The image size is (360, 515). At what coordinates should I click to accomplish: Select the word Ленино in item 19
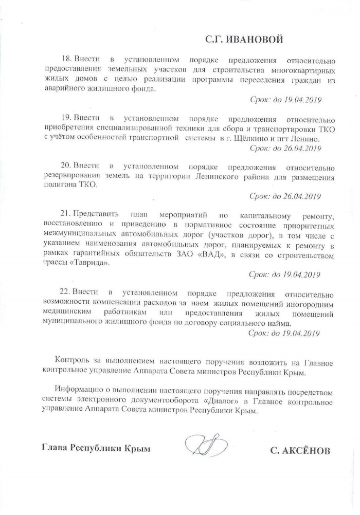coord(307,139)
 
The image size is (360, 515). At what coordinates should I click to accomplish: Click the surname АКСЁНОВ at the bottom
coord(300,451)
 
